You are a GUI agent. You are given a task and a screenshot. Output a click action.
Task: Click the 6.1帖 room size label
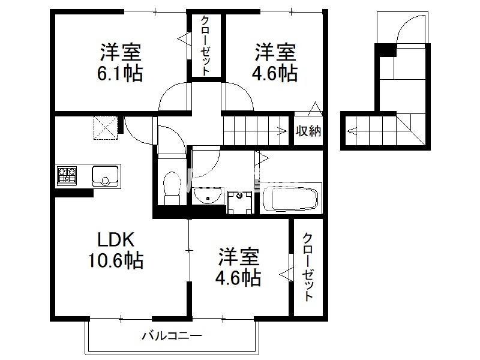point(120,73)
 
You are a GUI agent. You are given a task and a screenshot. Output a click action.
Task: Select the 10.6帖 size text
point(116,260)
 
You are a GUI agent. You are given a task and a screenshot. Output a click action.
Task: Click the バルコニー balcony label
point(172,336)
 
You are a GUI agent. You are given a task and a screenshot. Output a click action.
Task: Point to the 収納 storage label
point(308,131)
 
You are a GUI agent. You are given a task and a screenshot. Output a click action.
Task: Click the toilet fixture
point(172,188)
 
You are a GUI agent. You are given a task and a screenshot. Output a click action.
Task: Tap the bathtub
point(290,199)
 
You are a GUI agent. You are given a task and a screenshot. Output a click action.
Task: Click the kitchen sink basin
point(105,176)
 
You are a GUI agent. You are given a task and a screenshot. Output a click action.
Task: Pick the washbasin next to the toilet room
point(208,196)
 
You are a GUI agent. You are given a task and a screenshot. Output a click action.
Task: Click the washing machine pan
point(239,202)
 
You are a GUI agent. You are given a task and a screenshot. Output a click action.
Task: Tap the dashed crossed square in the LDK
point(106,128)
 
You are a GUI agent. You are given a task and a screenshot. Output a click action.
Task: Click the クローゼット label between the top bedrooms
point(205,46)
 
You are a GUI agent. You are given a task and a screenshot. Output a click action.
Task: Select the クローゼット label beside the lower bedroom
point(308,266)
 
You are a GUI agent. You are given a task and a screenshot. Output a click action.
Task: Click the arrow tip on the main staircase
point(287,131)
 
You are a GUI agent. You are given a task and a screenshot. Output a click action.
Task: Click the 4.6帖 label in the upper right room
point(275,73)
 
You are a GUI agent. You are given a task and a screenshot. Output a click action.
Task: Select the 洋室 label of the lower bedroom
point(239,257)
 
